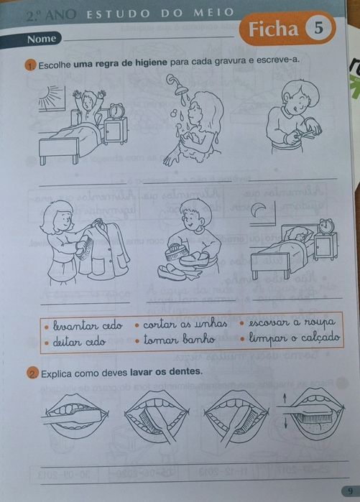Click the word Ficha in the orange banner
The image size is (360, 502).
[272, 29]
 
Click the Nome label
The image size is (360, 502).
[41, 39]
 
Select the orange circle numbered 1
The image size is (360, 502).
[29, 68]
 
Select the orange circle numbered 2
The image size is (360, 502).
[32, 373]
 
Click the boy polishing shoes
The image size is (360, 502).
[188, 241]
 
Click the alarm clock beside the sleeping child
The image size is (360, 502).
[327, 226]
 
